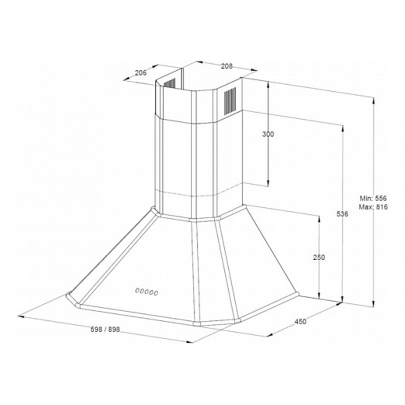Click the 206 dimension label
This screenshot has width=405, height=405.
tap(141, 73)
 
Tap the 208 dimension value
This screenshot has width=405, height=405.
tap(227, 66)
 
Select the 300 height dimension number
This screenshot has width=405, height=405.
tap(268, 134)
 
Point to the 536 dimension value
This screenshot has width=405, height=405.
tap(342, 214)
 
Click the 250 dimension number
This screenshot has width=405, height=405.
tap(319, 257)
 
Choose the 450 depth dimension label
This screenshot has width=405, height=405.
tap(300, 321)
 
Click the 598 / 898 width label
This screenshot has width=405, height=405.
tap(105, 329)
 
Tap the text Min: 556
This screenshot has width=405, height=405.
tap(373, 198)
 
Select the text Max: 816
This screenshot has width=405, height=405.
tap(373, 207)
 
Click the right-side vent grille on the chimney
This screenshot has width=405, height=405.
tap(230, 101)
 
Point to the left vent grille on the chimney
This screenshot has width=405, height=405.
tap(170, 84)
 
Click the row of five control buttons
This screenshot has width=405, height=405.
tap(147, 292)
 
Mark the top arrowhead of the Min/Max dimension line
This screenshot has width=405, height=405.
tap(374, 101)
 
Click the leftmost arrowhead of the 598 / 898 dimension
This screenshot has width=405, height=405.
tap(21, 316)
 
